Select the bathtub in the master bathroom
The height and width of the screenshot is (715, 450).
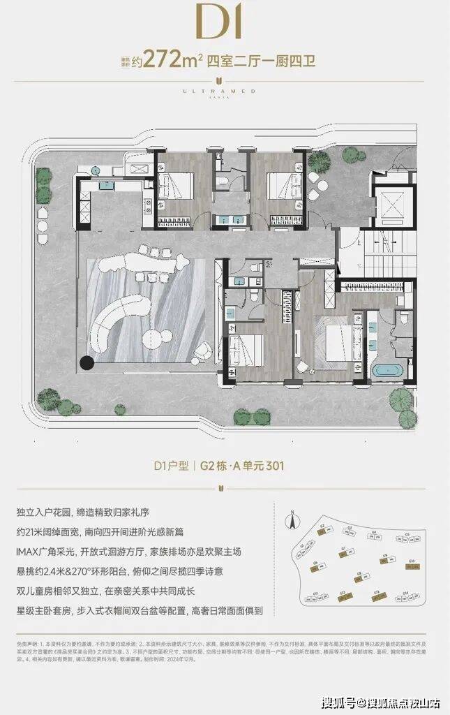coord(387,370)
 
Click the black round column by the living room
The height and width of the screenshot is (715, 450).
coord(87,362)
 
